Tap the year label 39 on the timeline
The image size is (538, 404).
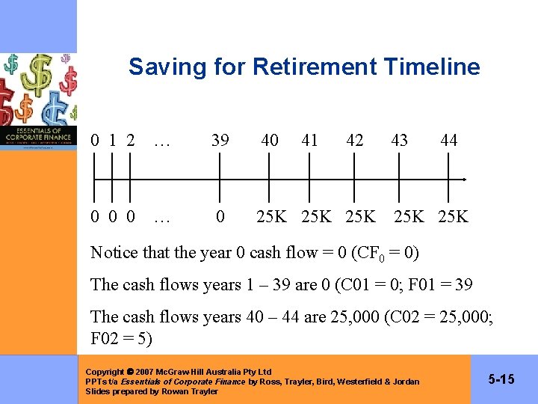point(220,140)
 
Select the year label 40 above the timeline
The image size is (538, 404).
point(270,140)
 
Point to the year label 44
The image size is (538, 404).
point(449,140)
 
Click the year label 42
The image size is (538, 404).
point(355,140)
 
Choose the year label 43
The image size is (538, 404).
point(399,140)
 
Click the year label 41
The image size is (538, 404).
point(309,140)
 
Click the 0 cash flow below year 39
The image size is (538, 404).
point(220,217)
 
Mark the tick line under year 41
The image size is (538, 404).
point(309,180)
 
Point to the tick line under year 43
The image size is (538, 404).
point(399,180)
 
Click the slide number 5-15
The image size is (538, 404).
point(501,379)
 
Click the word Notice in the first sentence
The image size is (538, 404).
point(114,253)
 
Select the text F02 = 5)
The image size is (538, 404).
point(121,339)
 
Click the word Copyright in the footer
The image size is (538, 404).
point(105,372)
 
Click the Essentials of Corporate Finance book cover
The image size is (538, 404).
point(38,101)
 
